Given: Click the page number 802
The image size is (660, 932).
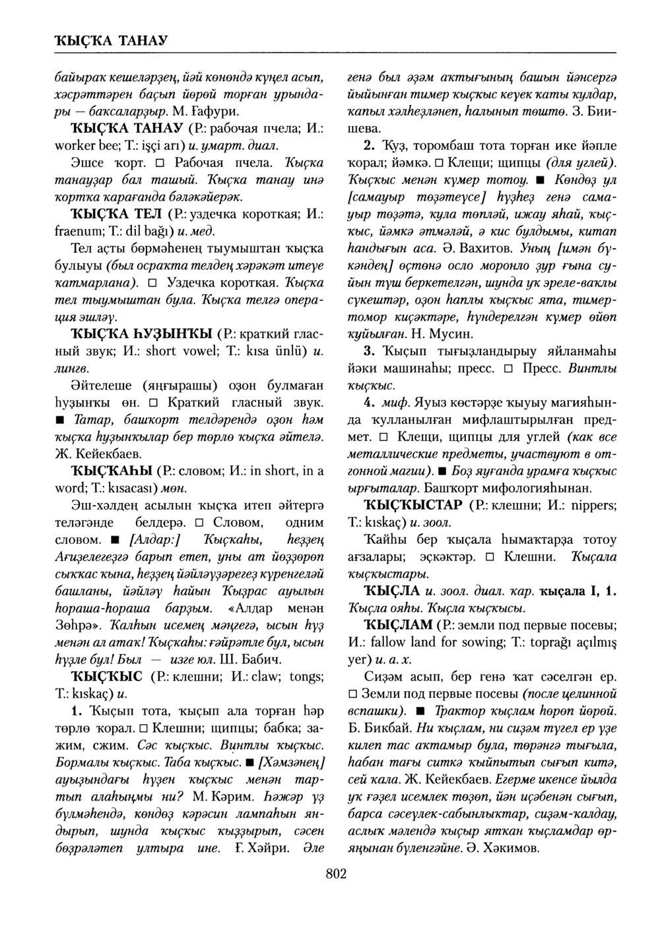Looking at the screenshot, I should tap(336, 874).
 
